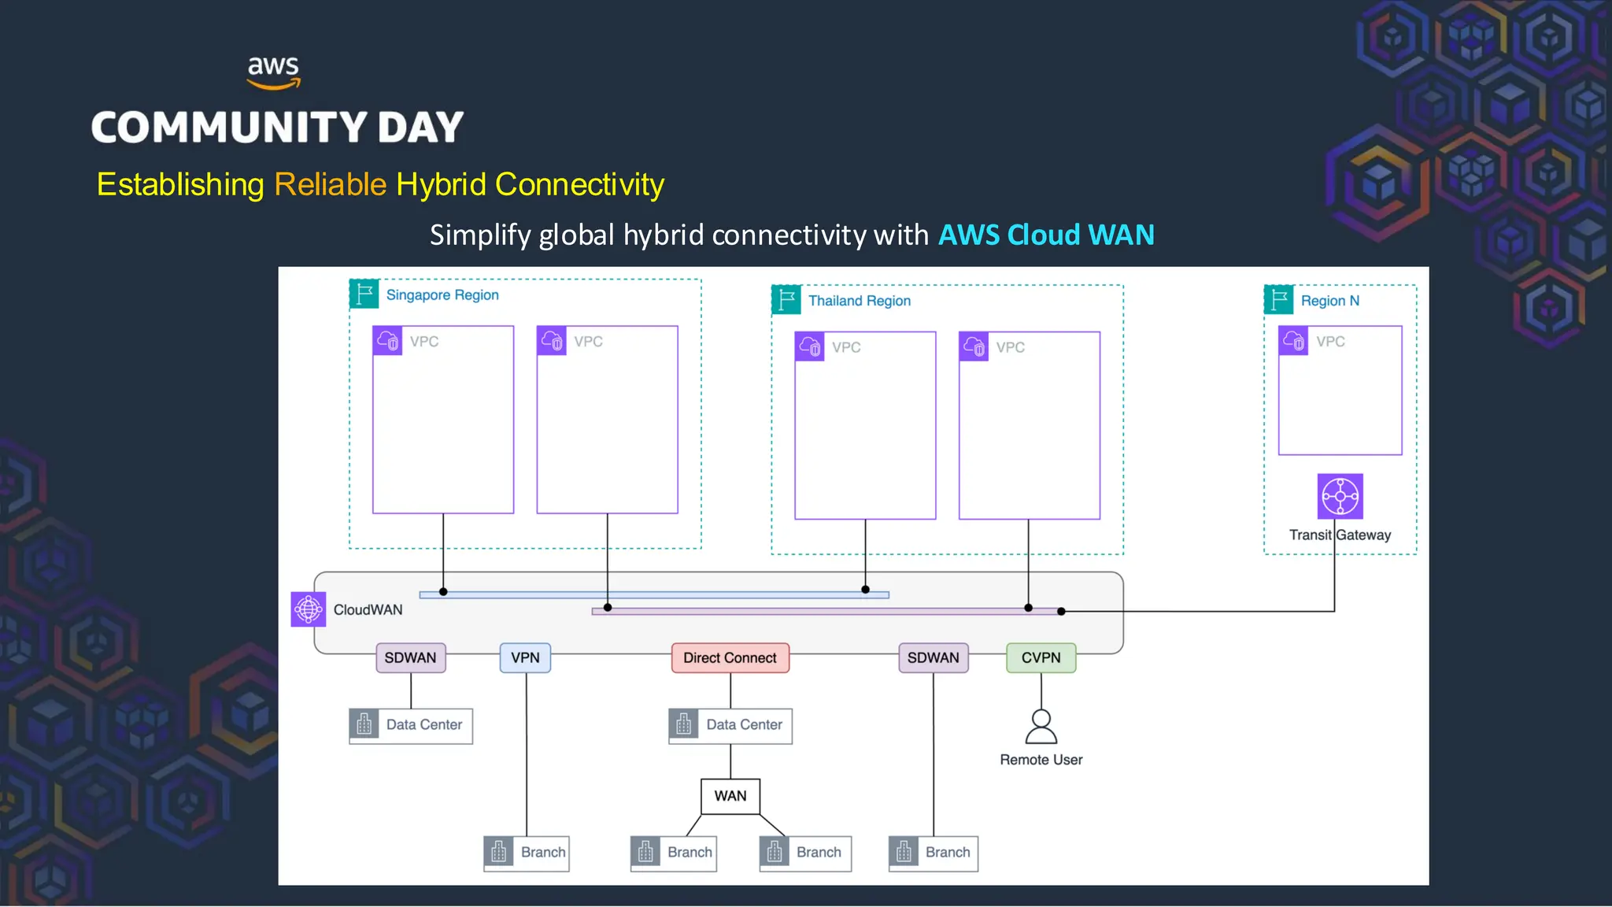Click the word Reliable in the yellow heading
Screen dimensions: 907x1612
(330, 185)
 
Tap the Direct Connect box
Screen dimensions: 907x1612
(730, 658)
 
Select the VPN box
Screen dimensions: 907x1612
(525, 658)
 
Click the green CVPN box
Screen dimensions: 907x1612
(1041, 658)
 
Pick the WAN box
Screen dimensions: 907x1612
(730, 796)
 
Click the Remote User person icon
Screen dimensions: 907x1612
(1041, 727)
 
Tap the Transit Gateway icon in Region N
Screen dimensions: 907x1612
(1340, 497)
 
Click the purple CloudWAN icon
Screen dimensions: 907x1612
(308, 609)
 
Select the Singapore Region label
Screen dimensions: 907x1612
(442, 295)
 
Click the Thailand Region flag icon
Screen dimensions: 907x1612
(786, 300)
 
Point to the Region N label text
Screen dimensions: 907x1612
(1329, 301)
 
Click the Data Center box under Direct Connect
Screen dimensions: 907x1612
(730, 725)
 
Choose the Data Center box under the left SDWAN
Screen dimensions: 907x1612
(410, 725)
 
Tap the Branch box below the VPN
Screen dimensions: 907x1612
(526, 853)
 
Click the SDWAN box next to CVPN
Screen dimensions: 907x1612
(933, 658)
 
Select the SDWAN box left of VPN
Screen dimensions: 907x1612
(410, 658)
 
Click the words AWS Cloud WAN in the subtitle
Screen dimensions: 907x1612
(1045, 235)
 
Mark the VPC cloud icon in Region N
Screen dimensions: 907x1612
(1293, 341)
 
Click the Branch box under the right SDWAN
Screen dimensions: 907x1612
(933, 853)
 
